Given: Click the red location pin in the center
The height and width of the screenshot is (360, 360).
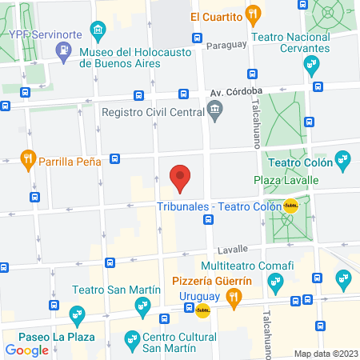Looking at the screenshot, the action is coord(182,178).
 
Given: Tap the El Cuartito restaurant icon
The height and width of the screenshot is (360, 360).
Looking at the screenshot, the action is coord(254,13).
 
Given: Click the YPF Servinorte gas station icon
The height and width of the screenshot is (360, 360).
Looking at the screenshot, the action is coord(62,51).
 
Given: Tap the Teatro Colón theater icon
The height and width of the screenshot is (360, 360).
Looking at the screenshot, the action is coord(342,159).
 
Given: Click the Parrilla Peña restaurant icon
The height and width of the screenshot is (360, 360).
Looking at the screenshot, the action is coord(28,159).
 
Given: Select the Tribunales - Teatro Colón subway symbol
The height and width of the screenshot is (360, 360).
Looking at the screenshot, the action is coord(290,206).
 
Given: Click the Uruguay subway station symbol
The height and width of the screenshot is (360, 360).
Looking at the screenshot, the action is coord(202,310).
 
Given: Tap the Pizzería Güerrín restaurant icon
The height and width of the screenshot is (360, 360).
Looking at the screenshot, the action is coord(234,298).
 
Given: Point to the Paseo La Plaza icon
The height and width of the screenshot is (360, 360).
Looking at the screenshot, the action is coord(77,314).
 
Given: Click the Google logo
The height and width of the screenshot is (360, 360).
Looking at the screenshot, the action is coord(26,350).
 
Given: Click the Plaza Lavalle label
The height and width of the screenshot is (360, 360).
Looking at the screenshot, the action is coord(286,181).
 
